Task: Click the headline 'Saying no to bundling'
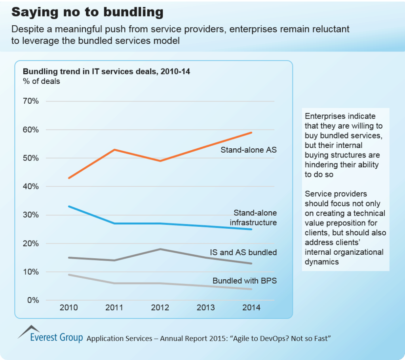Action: [x=87, y=12]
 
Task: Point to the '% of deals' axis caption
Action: [x=41, y=81]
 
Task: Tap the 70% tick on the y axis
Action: [x=30, y=101]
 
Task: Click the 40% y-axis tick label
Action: [x=30, y=186]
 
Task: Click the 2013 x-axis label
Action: [x=205, y=308]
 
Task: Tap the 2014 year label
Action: [x=251, y=308]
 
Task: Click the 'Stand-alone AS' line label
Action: [x=249, y=150]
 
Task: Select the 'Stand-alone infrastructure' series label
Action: [x=253, y=218]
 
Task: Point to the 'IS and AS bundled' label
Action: [x=243, y=252]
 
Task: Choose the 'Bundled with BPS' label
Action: [x=245, y=281]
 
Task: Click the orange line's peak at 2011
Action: [x=114, y=150]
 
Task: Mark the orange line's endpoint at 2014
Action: [x=251, y=133]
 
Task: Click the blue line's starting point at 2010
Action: [x=69, y=207]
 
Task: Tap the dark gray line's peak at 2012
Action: [x=160, y=249]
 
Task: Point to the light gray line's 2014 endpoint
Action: [x=251, y=289]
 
